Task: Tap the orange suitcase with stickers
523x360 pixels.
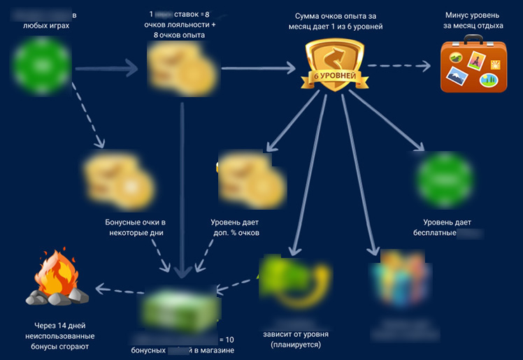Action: [473, 67]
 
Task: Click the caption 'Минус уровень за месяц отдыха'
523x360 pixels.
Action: [472, 21]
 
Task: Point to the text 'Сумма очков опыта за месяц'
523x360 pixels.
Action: [338, 21]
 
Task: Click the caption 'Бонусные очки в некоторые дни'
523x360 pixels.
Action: [136, 227]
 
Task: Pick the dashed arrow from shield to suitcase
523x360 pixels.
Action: [396, 66]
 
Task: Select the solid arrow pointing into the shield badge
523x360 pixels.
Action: [259, 69]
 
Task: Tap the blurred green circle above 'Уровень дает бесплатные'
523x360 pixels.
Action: [445, 178]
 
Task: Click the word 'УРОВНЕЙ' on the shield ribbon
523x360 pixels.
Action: [340, 75]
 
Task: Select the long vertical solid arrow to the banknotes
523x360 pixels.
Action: [181, 189]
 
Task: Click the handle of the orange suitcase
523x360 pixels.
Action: [473, 43]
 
